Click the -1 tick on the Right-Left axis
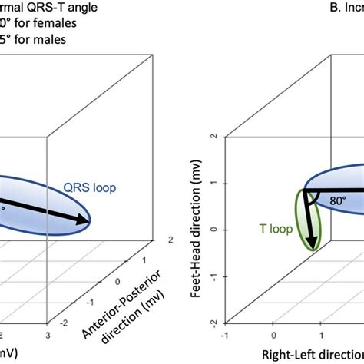[224, 335]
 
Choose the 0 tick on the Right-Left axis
[273, 335]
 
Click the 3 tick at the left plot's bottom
[48, 336]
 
